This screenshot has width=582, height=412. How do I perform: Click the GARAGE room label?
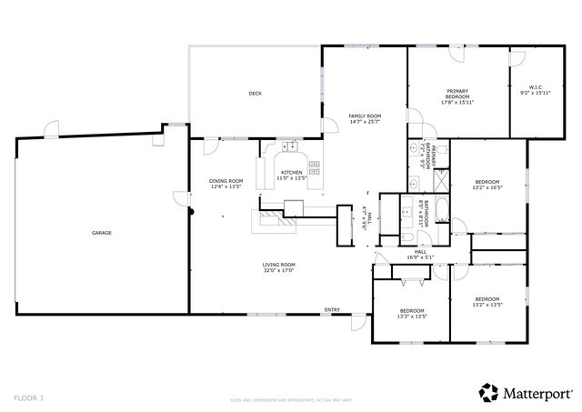[x=101, y=233]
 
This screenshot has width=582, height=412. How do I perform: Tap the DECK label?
[x=256, y=94]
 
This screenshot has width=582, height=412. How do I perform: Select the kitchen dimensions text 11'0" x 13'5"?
[x=291, y=178]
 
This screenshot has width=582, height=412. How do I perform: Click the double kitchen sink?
[x=291, y=146]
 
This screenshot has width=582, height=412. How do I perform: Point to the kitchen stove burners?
[x=315, y=166]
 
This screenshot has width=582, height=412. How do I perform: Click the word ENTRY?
[x=333, y=310]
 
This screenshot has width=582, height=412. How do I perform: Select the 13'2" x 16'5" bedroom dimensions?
[x=487, y=189]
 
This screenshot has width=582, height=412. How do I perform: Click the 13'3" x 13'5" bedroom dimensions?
[x=412, y=317]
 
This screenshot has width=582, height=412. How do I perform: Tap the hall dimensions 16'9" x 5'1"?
[x=421, y=257]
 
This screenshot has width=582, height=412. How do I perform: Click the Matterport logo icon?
[x=488, y=392]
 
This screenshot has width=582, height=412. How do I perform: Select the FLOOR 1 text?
[x=29, y=397]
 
